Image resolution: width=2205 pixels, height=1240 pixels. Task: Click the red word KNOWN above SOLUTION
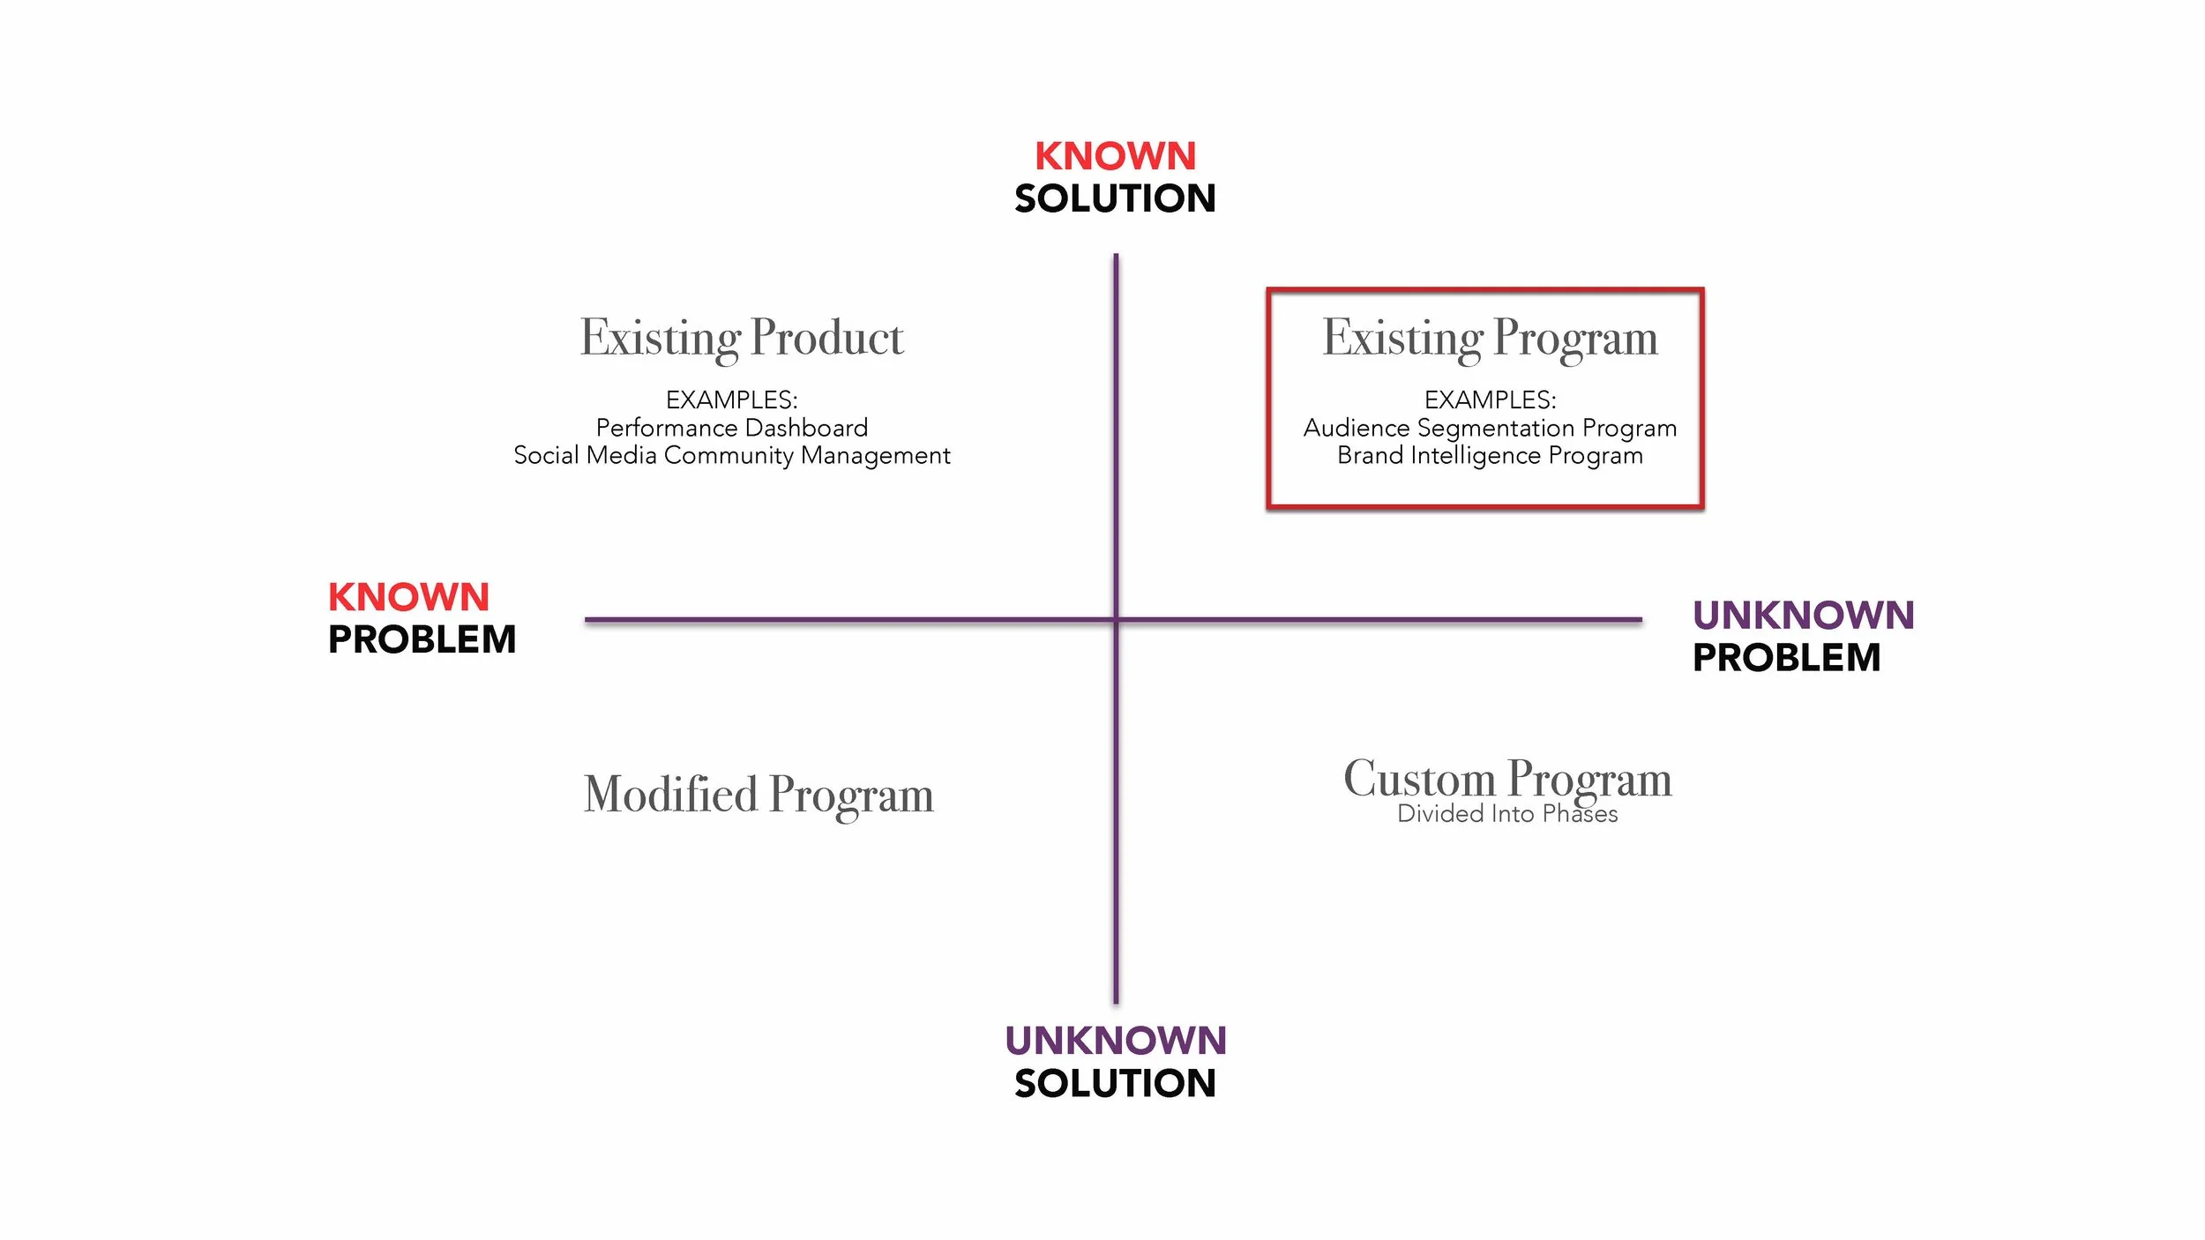tap(1115, 156)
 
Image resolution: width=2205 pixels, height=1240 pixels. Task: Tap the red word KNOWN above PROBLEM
tap(408, 597)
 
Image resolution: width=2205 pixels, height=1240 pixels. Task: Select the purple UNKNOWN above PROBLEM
tap(1803, 615)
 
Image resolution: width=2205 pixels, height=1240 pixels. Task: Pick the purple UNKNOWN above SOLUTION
tap(1115, 1041)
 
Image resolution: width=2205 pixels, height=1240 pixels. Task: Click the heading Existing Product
tap(742, 338)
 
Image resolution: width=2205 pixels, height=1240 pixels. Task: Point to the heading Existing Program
tap(1490, 338)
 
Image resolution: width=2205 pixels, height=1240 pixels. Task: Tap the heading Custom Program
tap(1507, 778)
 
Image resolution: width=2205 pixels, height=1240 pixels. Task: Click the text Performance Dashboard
tap(732, 428)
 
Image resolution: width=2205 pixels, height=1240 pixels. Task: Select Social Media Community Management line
tap(732, 455)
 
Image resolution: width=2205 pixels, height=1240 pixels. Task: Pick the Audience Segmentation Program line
tap(1490, 428)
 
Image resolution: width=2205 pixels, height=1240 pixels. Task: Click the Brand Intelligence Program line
tap(1490, 455)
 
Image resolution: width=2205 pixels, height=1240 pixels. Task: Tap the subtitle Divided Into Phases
tap(1507, 814)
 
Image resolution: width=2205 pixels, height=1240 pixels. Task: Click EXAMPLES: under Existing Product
tap(732, 400)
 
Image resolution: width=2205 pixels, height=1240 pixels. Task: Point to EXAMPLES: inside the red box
tap(1490, 400)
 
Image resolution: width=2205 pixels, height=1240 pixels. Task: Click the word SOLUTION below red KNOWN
tap(1115, 198)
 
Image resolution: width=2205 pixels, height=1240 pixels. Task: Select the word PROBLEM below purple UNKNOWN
tap(1786, 658)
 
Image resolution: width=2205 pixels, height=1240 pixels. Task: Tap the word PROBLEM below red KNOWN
tap(422, 639)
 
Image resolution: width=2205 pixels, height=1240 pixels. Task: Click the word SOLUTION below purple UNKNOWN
tap(1115, 1083)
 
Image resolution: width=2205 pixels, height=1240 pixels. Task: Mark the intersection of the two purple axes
tap(1116, 620)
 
